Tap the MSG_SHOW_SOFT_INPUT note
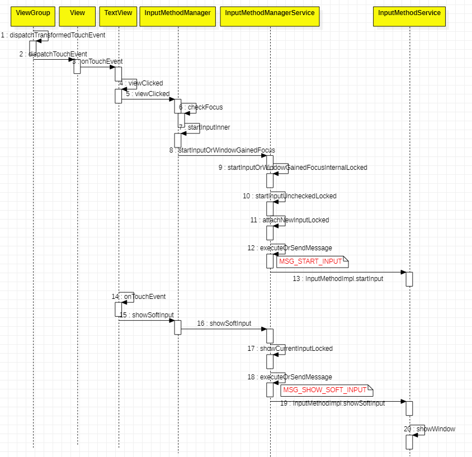[325, 390]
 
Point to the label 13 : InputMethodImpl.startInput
[338, 278]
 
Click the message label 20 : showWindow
[429, 429]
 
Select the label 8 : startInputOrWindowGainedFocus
[222, 150]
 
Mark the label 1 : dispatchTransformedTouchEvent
[53, 35]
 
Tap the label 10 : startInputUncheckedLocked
[290, 196]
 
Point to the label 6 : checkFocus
[201, 107]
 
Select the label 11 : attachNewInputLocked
[290, 220]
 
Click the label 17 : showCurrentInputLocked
[290, 349]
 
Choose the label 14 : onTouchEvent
[139, 297]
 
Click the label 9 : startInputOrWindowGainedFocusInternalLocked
[293, 168]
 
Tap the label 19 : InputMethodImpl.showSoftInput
[332, 403]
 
